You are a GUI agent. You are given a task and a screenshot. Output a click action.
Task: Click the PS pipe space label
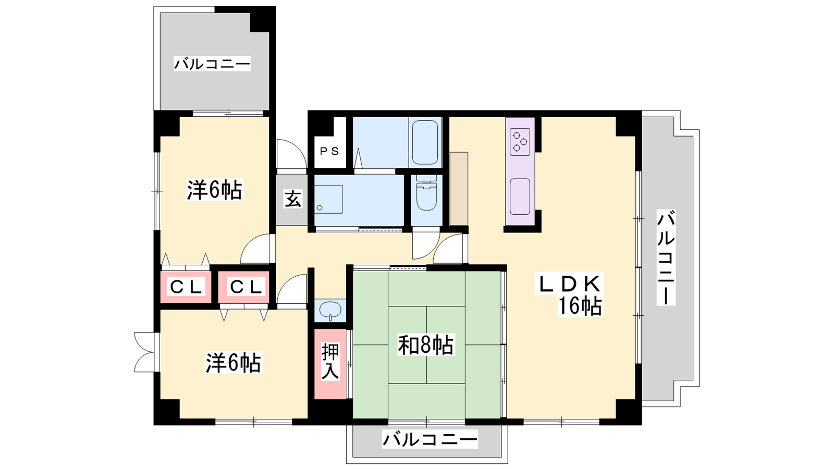(x=330, y=151)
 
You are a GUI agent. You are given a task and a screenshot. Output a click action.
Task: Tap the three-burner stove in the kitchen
(x=520, y=142)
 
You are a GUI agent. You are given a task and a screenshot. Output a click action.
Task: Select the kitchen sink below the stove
(x=520, y=196)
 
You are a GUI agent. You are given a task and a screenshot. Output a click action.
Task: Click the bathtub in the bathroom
(x=425, y=142)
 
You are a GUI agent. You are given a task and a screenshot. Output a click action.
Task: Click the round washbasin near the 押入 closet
(x=330, y=311)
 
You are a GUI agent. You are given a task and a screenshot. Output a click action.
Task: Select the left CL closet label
(x=186, y=287)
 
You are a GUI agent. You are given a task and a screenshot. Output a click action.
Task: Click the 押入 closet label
(x=330, y=362)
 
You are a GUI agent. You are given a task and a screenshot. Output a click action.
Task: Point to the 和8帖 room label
(x=426, y=345)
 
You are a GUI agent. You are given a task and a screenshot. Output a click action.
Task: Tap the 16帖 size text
(x=579, y=306)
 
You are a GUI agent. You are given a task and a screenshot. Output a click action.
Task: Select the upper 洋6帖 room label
(x=215, y=190)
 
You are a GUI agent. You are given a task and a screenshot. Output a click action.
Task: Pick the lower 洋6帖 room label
(x=234, y=363)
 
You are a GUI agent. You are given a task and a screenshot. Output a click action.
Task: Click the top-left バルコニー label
(x=212, y=64)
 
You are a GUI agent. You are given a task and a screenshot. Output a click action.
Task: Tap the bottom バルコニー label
(x=430, y=440)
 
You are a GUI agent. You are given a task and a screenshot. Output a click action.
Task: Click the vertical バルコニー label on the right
(x=666, y=257)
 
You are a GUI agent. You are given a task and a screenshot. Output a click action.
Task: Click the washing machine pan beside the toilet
(x=328, y=199)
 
